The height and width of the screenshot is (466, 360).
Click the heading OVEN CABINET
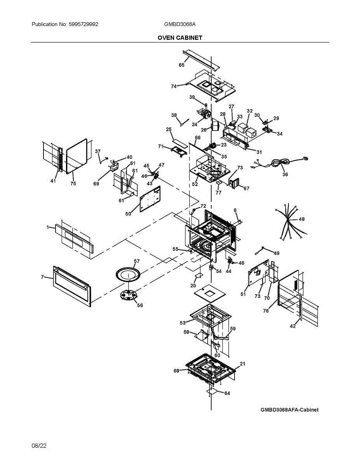click(x=180, y=38)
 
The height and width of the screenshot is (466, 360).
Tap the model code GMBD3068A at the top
click(x=180, y=24)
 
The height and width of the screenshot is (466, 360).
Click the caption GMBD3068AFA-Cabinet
click(x=289, y=410)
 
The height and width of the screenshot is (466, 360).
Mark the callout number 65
click(x=182, y=65)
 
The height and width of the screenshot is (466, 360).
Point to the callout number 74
click(x=174, y=86)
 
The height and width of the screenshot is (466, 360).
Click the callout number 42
click(x=293, y=326)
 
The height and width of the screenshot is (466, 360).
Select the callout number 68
click(x=176, y=371)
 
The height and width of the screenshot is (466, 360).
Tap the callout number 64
click(x=227, y=393)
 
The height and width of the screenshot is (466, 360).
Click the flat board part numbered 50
click(x=150, y=199)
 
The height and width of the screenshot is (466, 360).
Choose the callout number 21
click(x=242, y=364)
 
